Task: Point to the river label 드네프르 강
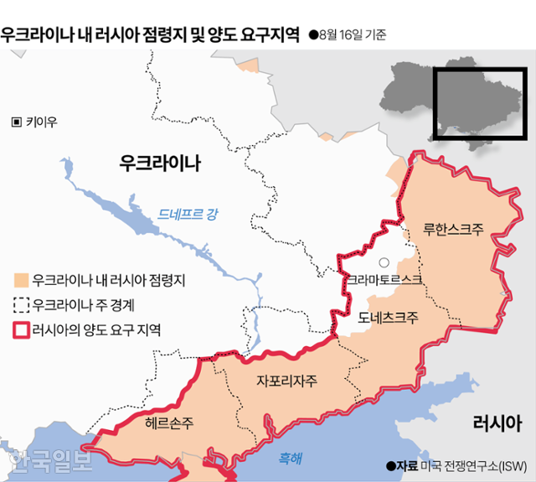[x=187, y=215]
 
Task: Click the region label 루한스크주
[x=452, y=228]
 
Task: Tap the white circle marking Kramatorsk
[x=384, y=262]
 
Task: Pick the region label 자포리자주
[x=287, y=381]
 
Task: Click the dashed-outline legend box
[x=21, y=304]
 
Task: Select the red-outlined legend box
[x=21, y=329]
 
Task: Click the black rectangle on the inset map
[x=480, y=104]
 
